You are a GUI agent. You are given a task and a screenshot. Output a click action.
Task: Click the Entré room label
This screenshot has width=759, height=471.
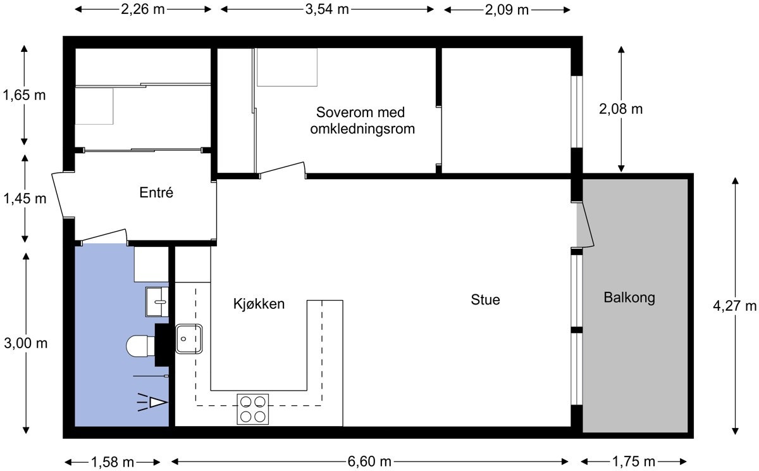[156, 193]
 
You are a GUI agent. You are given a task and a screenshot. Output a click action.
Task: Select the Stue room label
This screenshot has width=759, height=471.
[485, 299]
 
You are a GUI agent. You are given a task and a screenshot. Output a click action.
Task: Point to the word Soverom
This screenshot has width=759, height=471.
[343, 113]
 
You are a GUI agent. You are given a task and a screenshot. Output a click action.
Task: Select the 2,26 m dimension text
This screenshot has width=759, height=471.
[144, 9]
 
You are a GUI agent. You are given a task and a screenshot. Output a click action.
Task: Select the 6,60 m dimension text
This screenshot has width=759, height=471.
[369, 461]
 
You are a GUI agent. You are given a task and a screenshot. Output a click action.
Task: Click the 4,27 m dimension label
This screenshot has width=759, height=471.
[735, 306]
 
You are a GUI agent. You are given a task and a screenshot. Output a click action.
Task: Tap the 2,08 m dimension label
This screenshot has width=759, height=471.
[620, 109]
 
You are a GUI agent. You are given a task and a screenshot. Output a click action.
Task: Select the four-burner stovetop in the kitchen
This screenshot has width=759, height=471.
[252, 408]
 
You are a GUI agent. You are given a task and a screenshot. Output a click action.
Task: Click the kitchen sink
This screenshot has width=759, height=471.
[188, 338]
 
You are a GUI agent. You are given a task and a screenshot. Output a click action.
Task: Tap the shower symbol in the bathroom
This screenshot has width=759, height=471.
[154, 401]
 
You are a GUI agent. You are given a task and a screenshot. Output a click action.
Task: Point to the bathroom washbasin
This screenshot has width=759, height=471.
[156, 301]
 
